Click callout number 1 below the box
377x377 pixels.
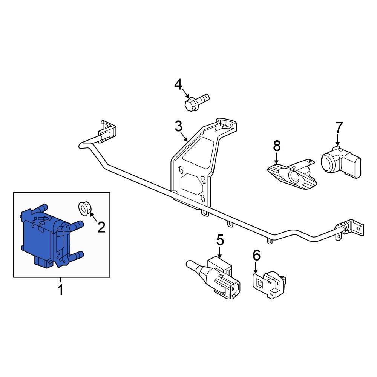click(x=61, y=290)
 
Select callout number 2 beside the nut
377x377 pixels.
click(x=101, y=227)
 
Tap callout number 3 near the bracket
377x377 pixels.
click(x=178, y=126)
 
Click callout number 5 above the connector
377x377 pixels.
click(x=220, y=240)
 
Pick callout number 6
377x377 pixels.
click(x=256, y=255)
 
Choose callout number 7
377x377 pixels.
click(x=339, y=127)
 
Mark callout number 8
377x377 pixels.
click(x=277, y=146)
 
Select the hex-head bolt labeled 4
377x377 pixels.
click(x=197, y=103)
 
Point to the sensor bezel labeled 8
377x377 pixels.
click(x=292, y=174)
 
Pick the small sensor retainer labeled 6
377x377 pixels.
click(x=269, y=285)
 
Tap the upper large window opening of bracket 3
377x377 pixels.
click(x=199, y=153)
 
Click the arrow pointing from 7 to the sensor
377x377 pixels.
click(x=338, y=140)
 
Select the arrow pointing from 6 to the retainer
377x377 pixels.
click(x=256, y=268)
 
